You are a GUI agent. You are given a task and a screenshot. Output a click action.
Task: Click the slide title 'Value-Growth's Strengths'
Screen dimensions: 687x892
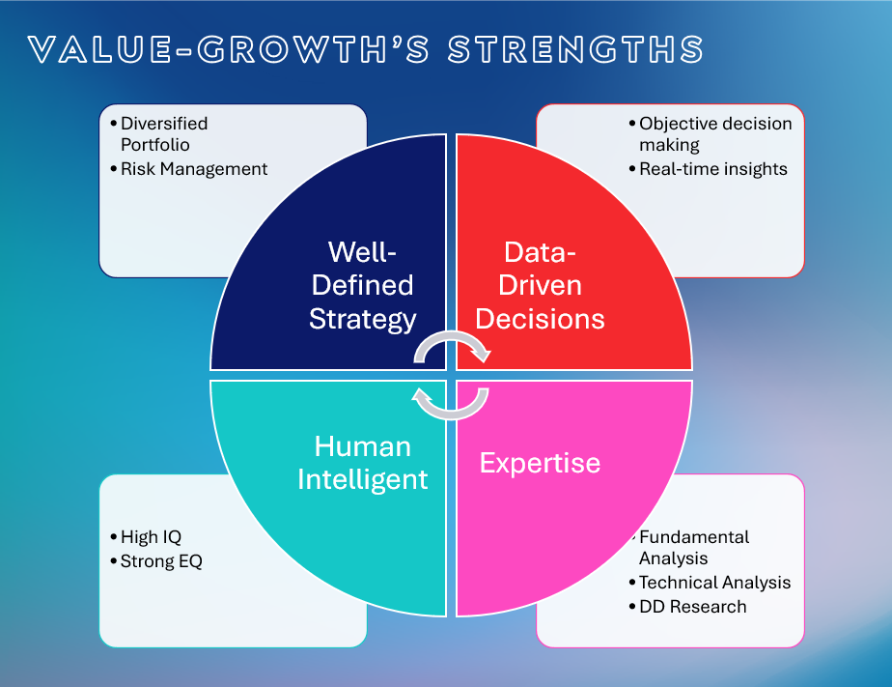(366, 50)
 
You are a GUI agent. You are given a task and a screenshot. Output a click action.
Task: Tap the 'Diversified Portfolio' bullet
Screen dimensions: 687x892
(163, 134)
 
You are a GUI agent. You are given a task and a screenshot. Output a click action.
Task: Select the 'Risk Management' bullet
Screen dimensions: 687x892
(193, 169)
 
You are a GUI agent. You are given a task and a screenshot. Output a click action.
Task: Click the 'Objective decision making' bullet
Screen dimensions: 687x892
(714, 134)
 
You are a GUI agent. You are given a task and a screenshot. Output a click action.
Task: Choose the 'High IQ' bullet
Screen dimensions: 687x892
(151, 537)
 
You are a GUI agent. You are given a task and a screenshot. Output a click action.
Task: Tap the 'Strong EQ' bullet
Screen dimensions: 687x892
(161, 561)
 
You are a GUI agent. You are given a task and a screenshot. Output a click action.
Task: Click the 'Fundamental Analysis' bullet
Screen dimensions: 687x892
(693, 547)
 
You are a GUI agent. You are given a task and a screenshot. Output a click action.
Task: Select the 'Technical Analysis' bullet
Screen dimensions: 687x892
(714, 583)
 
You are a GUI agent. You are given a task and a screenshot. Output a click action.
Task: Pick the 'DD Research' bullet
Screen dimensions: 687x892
(692, 607)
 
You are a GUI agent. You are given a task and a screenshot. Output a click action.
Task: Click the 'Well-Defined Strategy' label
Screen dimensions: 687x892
(363, 285)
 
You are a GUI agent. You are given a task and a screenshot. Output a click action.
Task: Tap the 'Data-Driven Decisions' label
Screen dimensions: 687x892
(541, 285)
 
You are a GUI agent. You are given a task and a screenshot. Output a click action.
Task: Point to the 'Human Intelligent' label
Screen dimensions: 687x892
(363, 463)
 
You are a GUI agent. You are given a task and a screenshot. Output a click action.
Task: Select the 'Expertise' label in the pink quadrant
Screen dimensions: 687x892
(540, 463)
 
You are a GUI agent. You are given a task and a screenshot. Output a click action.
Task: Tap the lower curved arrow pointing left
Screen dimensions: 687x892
(452, 405)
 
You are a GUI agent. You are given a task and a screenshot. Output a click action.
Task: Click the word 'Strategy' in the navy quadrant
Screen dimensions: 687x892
(363, 319)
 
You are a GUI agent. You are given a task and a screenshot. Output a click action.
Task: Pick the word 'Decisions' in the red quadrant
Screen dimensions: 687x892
(541, 319)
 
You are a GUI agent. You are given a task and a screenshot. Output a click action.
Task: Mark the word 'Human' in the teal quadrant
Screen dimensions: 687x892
(363, 446)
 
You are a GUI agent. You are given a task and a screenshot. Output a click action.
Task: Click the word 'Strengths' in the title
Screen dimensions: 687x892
(575, 50)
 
